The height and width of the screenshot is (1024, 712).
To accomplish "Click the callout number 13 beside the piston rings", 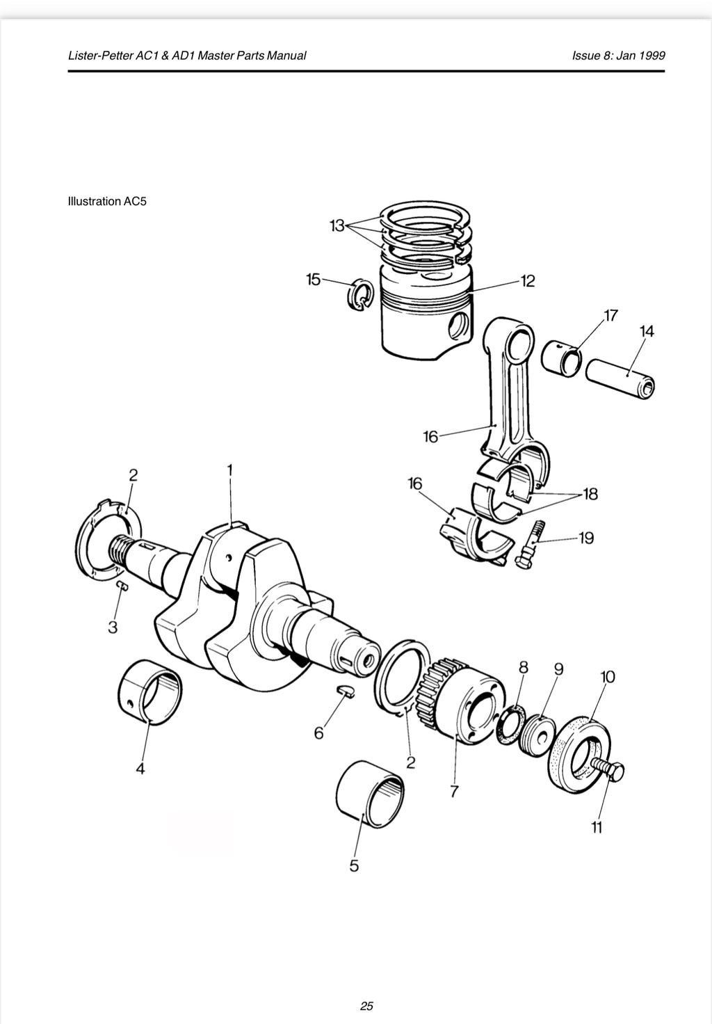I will click(x=337, y=225).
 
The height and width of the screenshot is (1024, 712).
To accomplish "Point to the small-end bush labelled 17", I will click(x=561, y=358).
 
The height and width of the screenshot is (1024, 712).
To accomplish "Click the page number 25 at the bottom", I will click(x=366, y=1005).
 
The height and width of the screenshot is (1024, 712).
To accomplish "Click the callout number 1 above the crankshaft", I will click(x=229, y=470).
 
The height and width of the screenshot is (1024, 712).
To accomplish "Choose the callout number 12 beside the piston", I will click(x=528, y=281).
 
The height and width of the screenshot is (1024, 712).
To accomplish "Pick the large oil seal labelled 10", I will click(x=581, y=752).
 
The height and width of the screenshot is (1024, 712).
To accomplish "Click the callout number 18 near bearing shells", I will click(x=590, y=494).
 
